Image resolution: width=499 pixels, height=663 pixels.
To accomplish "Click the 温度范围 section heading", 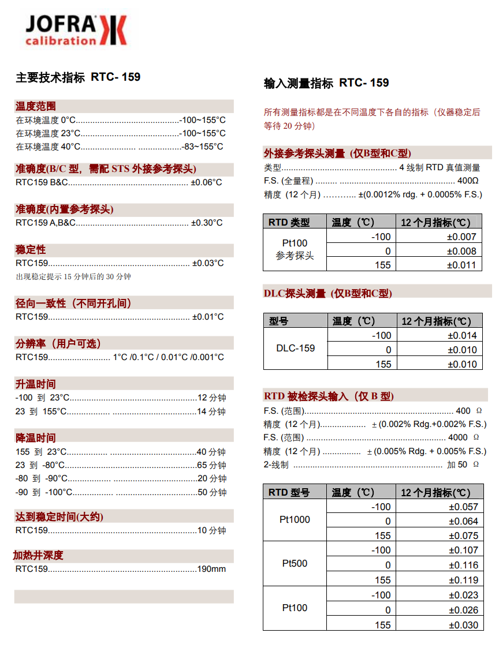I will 35,106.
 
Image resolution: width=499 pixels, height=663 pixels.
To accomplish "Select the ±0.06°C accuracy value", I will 206,182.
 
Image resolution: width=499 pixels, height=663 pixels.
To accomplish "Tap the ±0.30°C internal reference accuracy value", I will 207,223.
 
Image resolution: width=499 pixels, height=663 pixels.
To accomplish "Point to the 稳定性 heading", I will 30,250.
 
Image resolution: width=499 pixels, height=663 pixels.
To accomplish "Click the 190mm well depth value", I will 211,569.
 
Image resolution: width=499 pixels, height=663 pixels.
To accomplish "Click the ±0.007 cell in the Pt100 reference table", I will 462,237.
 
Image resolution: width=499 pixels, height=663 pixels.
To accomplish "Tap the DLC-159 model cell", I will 295,348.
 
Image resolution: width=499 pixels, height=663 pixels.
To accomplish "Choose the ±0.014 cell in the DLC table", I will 462,335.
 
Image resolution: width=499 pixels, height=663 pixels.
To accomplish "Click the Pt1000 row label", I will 295,519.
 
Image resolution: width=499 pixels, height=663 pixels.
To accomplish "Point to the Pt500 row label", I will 295,563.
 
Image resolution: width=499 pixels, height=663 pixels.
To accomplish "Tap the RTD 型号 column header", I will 289,492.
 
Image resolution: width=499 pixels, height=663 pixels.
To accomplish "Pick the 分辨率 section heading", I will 58,343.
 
